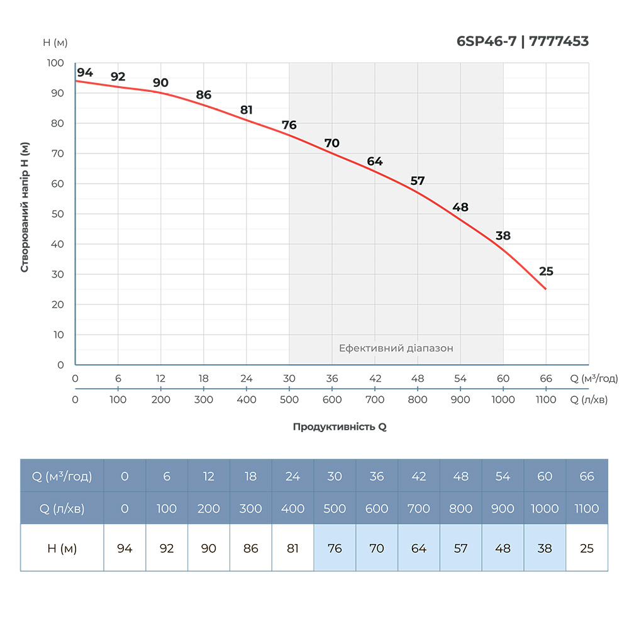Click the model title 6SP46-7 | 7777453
[x=522, y=42]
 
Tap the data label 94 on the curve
[x=85, y=73]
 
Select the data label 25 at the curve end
[x=546, y=272]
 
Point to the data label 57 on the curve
[x=418, y=181]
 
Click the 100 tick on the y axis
[x=56, y=63]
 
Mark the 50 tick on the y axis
[x=57, y=214]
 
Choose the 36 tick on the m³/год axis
[x=332, y=379]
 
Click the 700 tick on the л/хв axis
[x=375, y=400]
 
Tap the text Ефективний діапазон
[x=396, y=348]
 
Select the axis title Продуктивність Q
[x=340, y=426]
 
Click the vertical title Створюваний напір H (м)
[x=25, y=208]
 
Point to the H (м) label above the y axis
[x=55, y=43]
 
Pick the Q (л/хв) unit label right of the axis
[x=589, y=400]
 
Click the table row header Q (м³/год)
[x=62, y=476]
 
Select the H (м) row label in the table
[x=62, y=548]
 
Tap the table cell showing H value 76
[x=335, y=548]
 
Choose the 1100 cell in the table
[x=587, y=508]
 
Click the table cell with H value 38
[x=545, y=548]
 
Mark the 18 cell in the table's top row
[x=250, y=476]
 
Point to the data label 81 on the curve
[x=247, y=111]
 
